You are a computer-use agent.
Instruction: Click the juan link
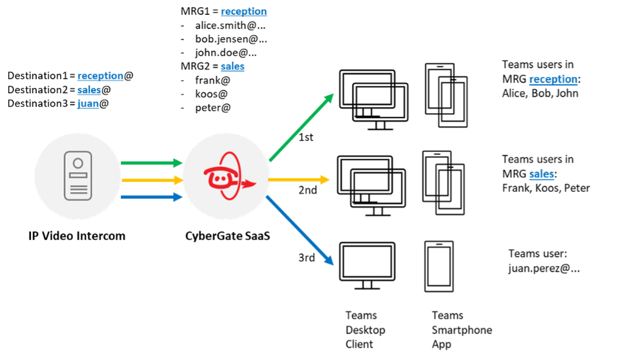pos(88,103)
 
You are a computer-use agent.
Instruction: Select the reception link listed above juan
pos(100,76)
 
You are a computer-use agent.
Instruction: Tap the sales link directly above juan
pos(89,90)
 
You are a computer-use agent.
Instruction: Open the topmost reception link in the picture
pos(243,12)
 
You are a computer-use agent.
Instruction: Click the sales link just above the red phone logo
pos(232,67)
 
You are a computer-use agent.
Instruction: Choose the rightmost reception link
pos(553,80)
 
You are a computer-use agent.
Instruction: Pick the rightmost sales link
pos(541,175)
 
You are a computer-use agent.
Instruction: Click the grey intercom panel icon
pos(77,176)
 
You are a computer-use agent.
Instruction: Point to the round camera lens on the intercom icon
pos(77,162)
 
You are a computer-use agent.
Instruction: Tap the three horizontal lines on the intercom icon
pos(77,190)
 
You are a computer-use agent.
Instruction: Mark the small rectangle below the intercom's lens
pos(77,176)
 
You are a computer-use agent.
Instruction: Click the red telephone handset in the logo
pos(218,176)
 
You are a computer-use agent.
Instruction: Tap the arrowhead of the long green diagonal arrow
pos(329,97)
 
